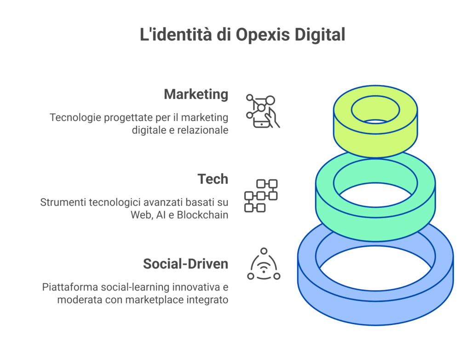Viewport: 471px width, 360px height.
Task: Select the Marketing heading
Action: pyautogui.click(x=196, y=94)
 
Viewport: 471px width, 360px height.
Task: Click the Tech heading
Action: pyautogui.click(x=213, y=179)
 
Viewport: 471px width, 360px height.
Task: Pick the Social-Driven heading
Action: pyautogui.click(x=185, y=264)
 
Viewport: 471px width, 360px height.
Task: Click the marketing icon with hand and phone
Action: pyautogui.click(x=263, y=111)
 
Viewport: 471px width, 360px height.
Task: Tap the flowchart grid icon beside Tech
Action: pyautogui.click(x=260, y=196)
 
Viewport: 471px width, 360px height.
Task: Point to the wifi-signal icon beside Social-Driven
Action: pyautogui.click(x=264, y=265)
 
